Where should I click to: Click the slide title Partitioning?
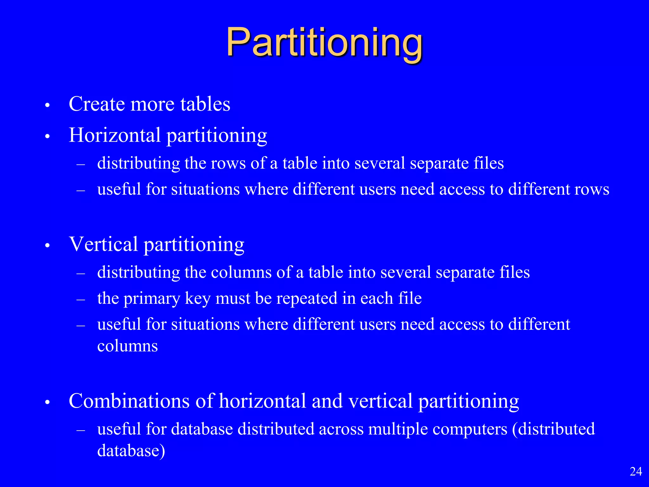(x=324, y=43)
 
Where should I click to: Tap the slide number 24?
(x=636, y=471)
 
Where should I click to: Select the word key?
(x=197, y=298)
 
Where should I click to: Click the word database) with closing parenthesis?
(x=131, y=451)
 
